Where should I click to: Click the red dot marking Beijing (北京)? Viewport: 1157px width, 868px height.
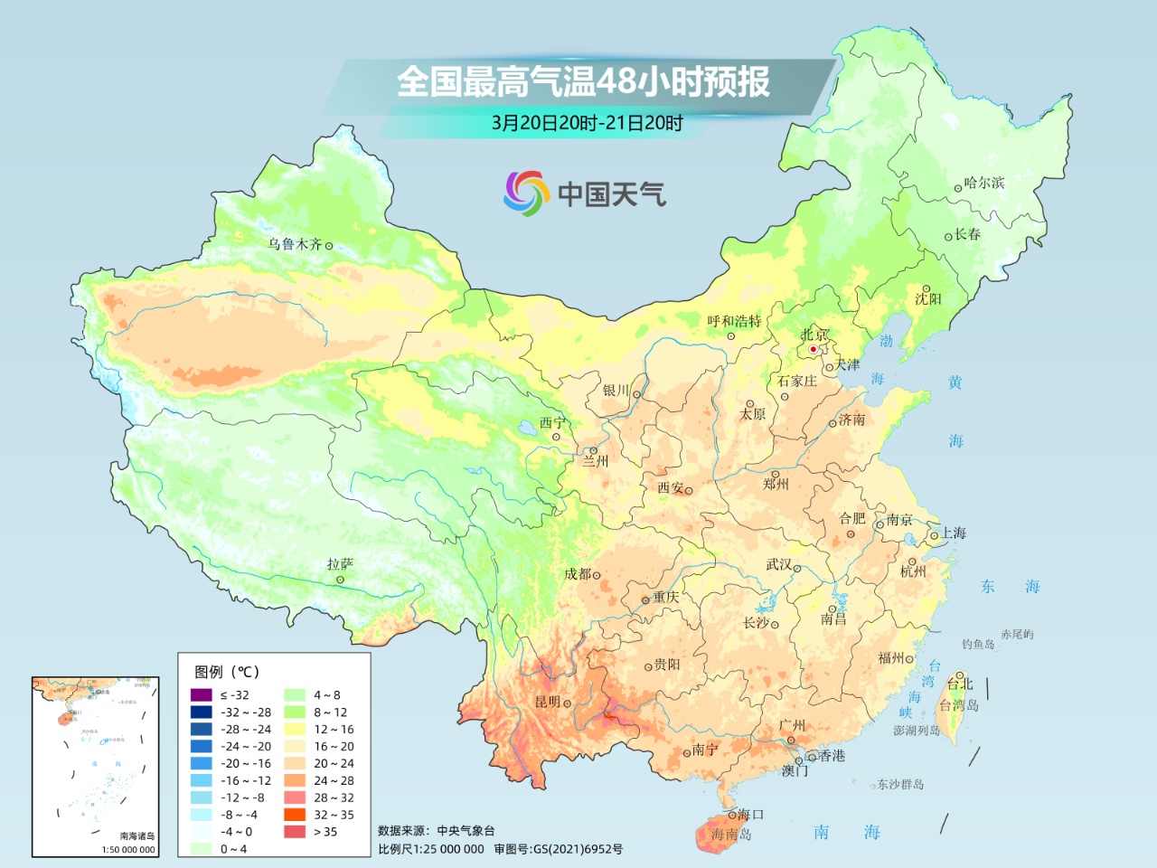point(813,349)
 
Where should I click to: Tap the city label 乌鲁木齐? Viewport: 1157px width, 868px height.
point(295,244)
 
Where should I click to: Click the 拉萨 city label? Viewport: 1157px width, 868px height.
point(341,564)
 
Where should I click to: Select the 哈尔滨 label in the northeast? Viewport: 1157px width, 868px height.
point(984,183)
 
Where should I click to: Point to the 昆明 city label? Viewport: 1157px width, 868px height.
point(548,702)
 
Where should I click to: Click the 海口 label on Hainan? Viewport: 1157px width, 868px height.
point(750,815)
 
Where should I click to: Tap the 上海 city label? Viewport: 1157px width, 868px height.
point(954,533)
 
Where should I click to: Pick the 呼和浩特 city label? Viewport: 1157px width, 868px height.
point(734,321)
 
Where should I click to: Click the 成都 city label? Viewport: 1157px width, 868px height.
point(577,574)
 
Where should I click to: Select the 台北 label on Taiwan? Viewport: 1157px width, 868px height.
point(960,684)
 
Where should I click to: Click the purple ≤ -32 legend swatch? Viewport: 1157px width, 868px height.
point(201,694)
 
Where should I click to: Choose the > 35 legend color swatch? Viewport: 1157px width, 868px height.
point(295,832)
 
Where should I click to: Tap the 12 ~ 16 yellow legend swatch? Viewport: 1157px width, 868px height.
point(295,729)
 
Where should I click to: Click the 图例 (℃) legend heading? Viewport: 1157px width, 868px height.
point(227,672)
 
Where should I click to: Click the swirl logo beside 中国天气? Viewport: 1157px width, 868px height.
point(526,193)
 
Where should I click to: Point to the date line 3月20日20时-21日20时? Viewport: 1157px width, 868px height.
point(587,123)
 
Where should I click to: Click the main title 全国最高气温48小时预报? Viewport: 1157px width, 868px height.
point(583,81)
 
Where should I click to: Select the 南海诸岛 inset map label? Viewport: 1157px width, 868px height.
point(137,835)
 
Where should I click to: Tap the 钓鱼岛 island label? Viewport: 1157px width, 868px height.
point(978,644)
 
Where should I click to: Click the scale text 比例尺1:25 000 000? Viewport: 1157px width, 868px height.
point(431,849)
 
